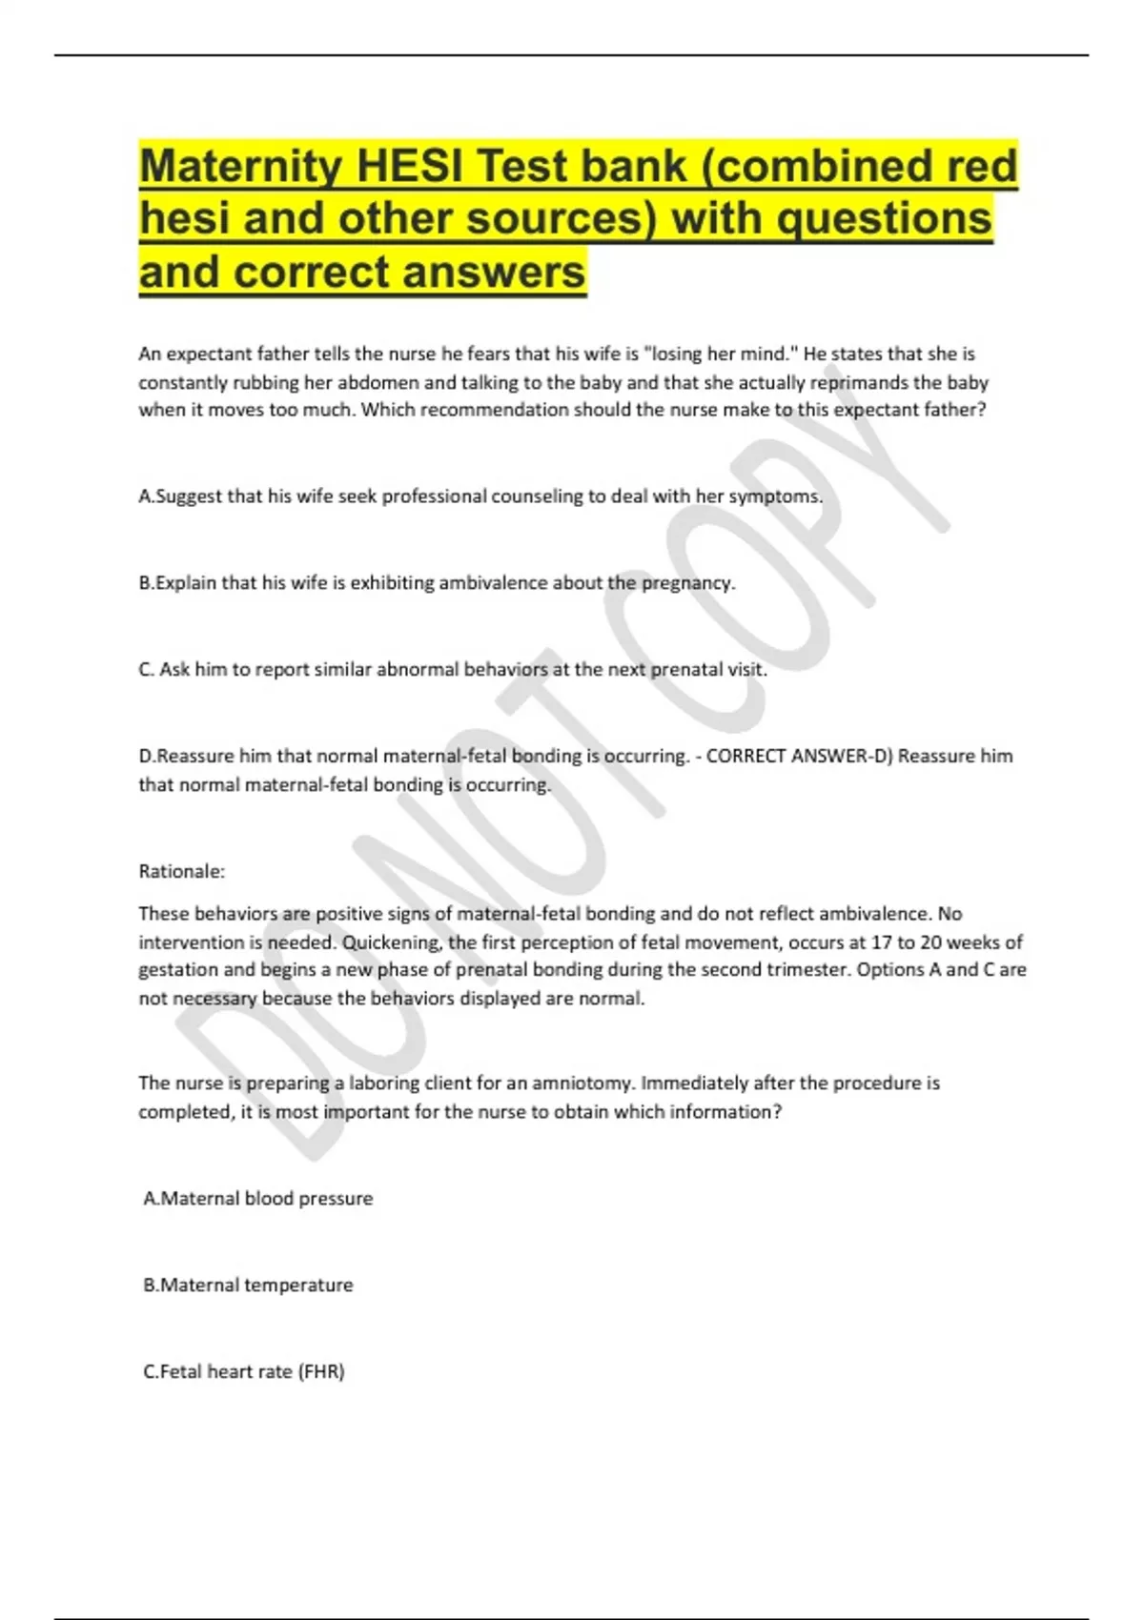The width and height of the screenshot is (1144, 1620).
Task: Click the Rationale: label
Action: tap(182, 871)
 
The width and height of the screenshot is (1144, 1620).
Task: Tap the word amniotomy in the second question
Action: tap(585, 1083)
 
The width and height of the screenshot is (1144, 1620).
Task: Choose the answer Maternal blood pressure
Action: tap(258, 1199)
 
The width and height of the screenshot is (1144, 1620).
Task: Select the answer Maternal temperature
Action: tap(249, 1286)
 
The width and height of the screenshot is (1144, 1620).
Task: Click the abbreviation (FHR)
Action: tap(321, 1372)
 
